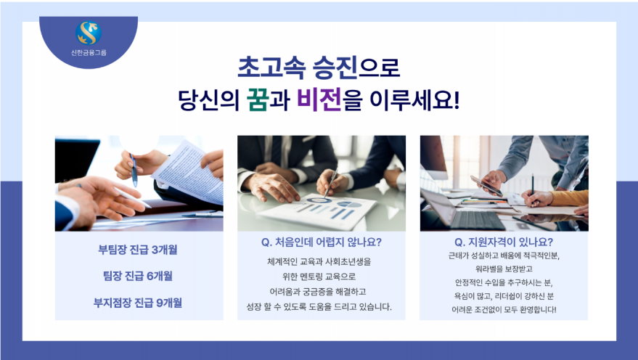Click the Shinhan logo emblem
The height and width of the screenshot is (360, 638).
pyautogui.click(x=89, y=33)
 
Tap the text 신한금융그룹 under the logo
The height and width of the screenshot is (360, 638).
pyautogui.click(x=89, y=52)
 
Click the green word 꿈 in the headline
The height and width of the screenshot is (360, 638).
pyautogui.click(x=258, y=100)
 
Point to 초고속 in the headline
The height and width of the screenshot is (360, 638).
pyautogui.click(x=271, y=67)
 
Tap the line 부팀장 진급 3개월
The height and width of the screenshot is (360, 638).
pyautogui.click(x=138, y=250)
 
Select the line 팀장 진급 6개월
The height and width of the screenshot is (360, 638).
pyautogui.click(x=138, y=276)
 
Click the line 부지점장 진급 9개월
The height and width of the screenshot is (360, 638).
pyautogui.click(x=138, y=303)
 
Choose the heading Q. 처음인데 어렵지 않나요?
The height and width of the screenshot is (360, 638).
pyautogui.click(x=322, y=242)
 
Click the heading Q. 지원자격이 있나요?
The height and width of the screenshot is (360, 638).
pyautogui.click(x=504, y=242)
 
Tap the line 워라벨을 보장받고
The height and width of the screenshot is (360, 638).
pyautogui.click(x=504, y=269)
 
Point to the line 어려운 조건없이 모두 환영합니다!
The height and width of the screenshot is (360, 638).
pyautogui.click(x=504, y=310)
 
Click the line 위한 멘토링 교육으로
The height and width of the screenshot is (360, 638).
pyautogui.click(x=319, y=277)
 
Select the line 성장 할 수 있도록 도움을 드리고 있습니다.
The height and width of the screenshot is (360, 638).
pyautogui.click(x=319, y=307)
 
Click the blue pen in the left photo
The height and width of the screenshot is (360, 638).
pyautogui.click(x=134, y=170)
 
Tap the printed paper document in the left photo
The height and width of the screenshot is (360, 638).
pyautogui.click(x=190, y=172)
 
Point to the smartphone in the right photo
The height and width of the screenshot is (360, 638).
pyautogui.click(x=486, y=186)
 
